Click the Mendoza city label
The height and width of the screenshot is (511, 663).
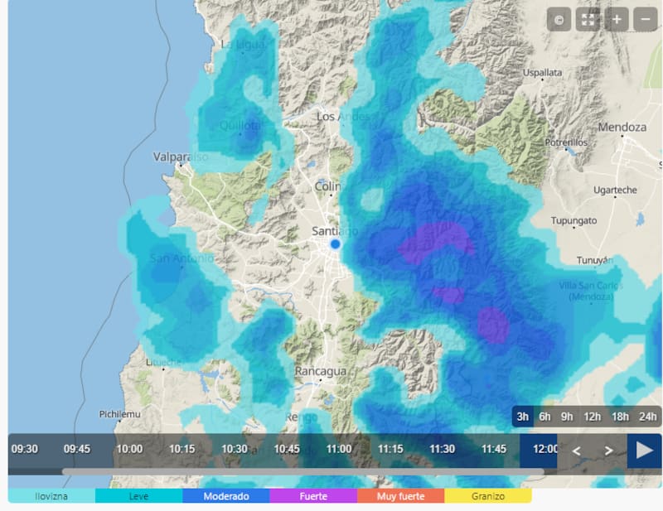click(622, 128)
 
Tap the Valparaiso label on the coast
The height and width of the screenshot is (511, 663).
click(180, 157)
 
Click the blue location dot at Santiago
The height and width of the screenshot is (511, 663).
click(336, 244)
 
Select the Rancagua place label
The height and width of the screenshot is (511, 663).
click(320, 372)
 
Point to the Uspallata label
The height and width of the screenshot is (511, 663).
click(542, 73)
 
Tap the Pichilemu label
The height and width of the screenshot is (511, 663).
click(119, 413)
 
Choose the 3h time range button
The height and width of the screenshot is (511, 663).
click(523, 417)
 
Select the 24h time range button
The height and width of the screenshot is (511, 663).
click(647, 417)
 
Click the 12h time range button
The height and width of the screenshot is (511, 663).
click(592, 417)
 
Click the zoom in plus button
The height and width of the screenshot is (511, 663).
click(617, 20)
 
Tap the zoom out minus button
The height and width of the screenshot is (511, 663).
click(646, 20)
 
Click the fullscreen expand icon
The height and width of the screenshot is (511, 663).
click(588, 20)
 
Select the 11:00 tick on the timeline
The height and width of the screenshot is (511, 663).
click(339, 449)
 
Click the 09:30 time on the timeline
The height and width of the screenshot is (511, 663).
click(25, 449)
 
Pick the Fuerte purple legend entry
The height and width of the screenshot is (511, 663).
click(312, 496)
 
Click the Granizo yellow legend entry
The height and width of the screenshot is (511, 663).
click(487, 496)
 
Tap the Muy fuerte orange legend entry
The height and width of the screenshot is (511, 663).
click(401, 496)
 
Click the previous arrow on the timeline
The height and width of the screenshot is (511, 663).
click(577, 451)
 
